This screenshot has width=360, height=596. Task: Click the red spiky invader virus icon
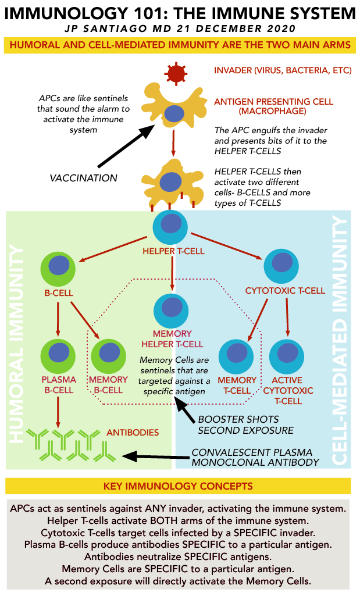tap(174, 73)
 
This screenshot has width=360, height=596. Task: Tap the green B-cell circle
tap(58, 267)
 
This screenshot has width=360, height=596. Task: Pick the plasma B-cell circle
tap(58, 354)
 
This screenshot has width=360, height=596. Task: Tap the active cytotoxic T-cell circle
tap(287, 354)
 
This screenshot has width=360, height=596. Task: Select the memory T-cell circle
tap(236, 354)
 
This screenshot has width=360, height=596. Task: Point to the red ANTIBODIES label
tap(133, 433)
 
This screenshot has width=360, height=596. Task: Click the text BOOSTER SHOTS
tap(238, 419)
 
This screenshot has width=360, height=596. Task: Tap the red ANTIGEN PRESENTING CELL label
tap(274, 102)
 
